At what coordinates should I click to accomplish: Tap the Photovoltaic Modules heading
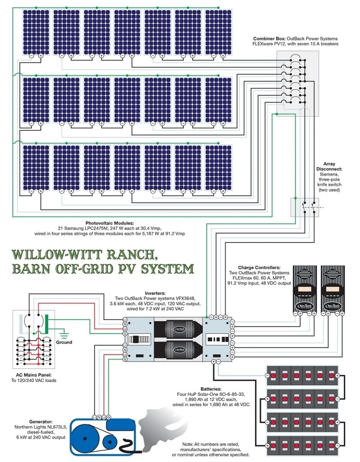click(110, 223)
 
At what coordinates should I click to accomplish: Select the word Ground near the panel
click(64, 342)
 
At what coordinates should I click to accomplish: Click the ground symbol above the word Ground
click(64, 334)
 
